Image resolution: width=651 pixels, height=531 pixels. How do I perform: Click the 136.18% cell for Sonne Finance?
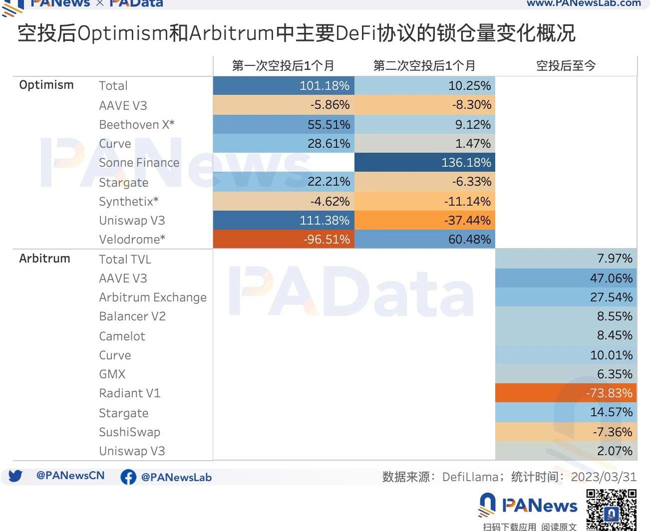pos(425,163)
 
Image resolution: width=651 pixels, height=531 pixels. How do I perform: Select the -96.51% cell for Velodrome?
pos(284,240)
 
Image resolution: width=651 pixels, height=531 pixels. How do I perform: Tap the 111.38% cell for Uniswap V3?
pos(284,221)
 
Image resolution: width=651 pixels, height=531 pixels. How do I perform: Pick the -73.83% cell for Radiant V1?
pos(566,393)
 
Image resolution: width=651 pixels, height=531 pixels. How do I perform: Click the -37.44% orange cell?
pos(425,221)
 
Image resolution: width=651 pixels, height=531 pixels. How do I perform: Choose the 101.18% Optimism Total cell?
pos(284,86)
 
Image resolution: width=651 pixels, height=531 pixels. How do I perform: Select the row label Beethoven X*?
pos(137,125)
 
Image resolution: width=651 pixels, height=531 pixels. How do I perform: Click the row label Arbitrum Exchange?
pos(153,297)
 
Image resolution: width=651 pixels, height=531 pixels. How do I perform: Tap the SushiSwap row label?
pos(130,432)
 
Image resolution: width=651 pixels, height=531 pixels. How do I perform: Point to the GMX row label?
pos(112,374)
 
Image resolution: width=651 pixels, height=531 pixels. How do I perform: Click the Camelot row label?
pos(122,336)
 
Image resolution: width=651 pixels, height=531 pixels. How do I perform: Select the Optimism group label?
pos(46,85)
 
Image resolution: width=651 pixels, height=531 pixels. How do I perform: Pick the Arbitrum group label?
pos(45,259)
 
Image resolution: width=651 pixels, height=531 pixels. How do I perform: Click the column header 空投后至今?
pos(566,66)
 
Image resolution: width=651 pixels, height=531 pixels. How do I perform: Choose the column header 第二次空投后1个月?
pos(424,66)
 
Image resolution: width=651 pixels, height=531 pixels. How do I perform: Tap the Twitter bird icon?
pos(15,476)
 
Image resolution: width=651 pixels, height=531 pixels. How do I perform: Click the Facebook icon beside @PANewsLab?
pos(128,477)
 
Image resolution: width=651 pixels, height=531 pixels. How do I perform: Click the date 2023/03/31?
pos(604,477)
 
